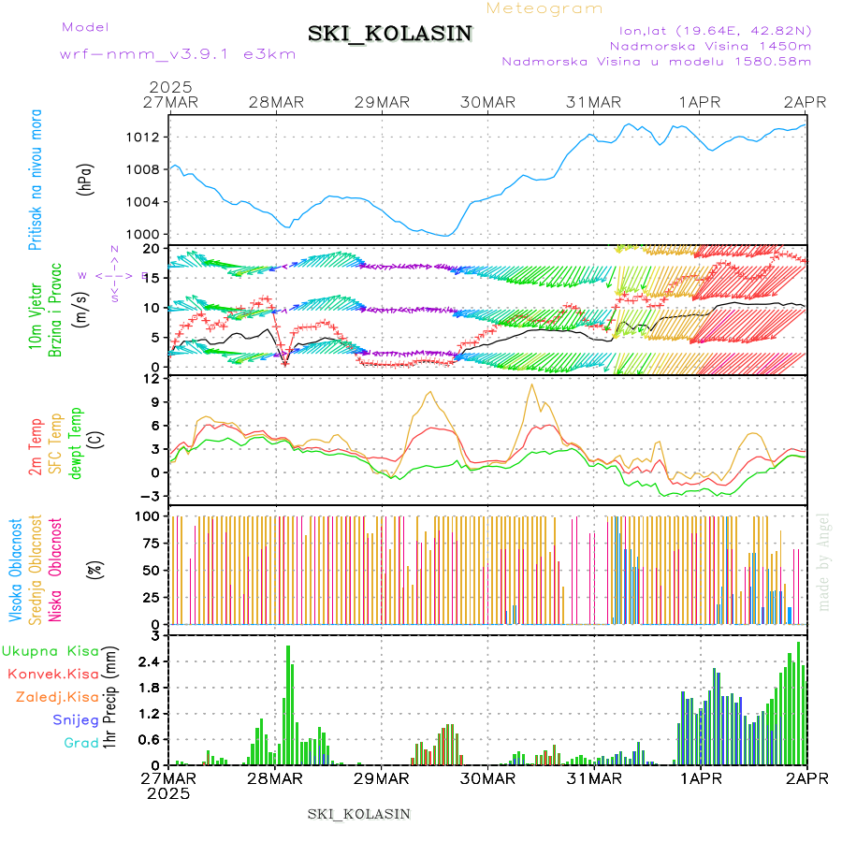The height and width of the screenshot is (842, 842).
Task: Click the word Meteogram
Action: point(544,8)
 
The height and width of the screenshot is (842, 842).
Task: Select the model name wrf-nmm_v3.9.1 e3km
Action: point(178,53)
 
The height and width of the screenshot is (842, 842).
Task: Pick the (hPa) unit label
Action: point(86,178)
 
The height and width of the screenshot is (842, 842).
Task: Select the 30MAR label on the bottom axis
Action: point(487,778)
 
